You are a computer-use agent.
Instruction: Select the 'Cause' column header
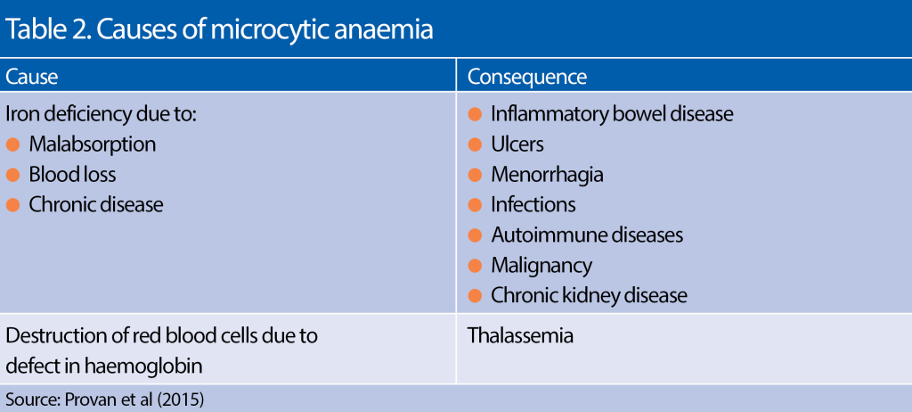tap(32, 77)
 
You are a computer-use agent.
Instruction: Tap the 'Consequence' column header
tap(527, 77)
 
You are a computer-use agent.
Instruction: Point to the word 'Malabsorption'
tap(92, 144)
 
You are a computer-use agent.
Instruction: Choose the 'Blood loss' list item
tap(72, 174)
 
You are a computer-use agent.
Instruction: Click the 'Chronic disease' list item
tap(96, 204)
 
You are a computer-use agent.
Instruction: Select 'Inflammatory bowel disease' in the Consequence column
tap(612, 114)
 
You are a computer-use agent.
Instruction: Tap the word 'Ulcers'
tap(517, 144)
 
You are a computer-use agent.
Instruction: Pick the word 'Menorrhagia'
tap(547, 174)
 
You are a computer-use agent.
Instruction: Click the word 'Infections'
tap(533, 204)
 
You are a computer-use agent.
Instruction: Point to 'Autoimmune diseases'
tap(587, 235)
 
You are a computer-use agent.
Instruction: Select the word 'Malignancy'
tap(541, 265)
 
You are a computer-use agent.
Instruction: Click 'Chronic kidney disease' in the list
tap(590, 295)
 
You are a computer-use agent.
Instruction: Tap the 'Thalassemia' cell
tap(521, 336)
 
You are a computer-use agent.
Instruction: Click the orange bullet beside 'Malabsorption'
tap(13, 144)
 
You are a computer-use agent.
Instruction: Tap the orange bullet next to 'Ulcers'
tap(476, 144)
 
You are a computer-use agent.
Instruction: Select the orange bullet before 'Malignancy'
tap(476, 266)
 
